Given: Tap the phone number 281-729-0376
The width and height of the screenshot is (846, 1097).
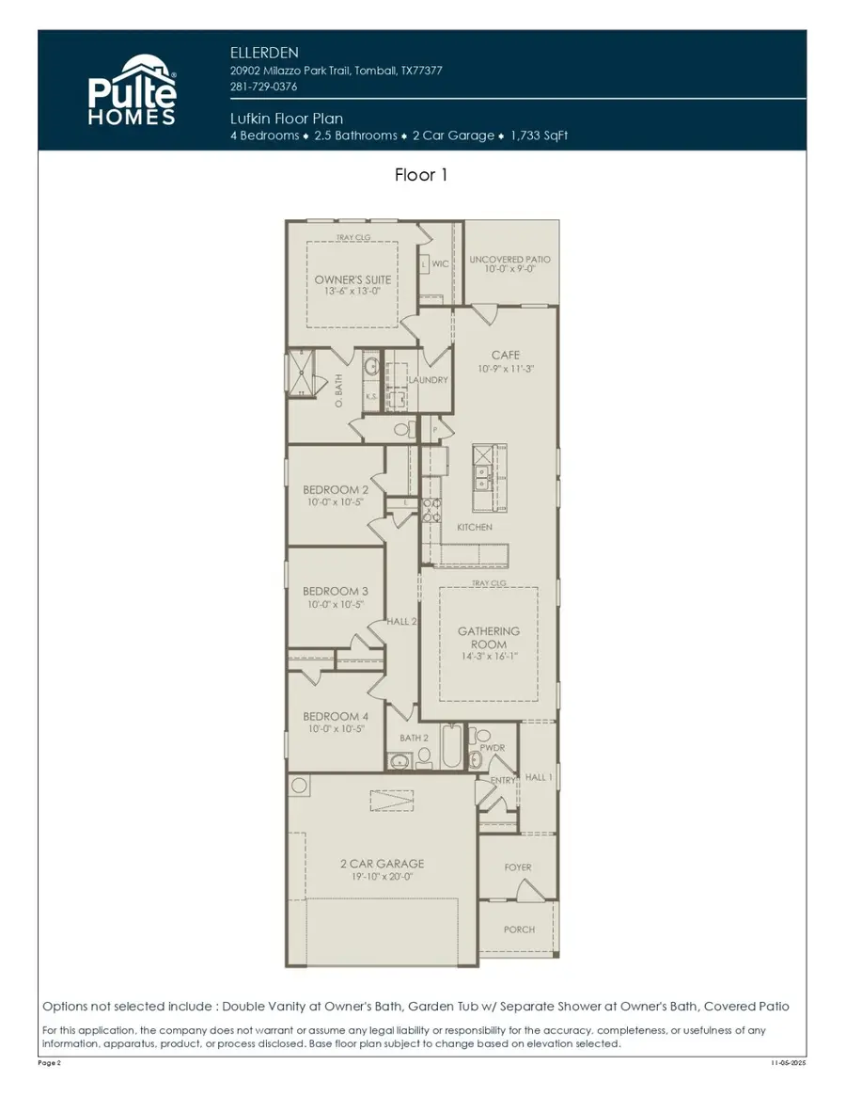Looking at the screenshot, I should click(263, 87).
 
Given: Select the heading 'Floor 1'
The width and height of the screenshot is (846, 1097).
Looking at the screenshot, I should click(421, 175).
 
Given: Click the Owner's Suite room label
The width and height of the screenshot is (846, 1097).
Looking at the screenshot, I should click(352, 280).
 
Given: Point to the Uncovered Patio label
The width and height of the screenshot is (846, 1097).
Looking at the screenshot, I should click(509, 260).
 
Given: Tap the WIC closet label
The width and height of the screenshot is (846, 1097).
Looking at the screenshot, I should click(440, 264).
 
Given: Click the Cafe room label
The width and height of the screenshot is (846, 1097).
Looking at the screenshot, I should click(506, 355).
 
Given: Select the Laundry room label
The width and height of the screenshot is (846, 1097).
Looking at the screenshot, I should click(428, 380).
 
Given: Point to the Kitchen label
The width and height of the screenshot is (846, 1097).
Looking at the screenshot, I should click(475, 527).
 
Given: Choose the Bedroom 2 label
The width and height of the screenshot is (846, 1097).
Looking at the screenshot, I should click(336, 490).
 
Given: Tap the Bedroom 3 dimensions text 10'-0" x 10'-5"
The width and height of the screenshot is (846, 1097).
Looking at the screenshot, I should click(336, 605).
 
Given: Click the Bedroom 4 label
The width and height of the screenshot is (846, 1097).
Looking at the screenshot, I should click(336, 716).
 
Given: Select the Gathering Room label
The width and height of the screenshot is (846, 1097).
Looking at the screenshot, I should click(488, 638).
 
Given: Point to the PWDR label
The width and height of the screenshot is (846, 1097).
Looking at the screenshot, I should click(493, 748).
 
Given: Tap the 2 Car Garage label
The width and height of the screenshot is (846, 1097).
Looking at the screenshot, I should click(382, 864).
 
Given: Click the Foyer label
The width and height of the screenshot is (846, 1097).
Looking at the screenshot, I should click(518, 867).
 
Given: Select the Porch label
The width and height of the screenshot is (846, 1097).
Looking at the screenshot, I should click(519, 930).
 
